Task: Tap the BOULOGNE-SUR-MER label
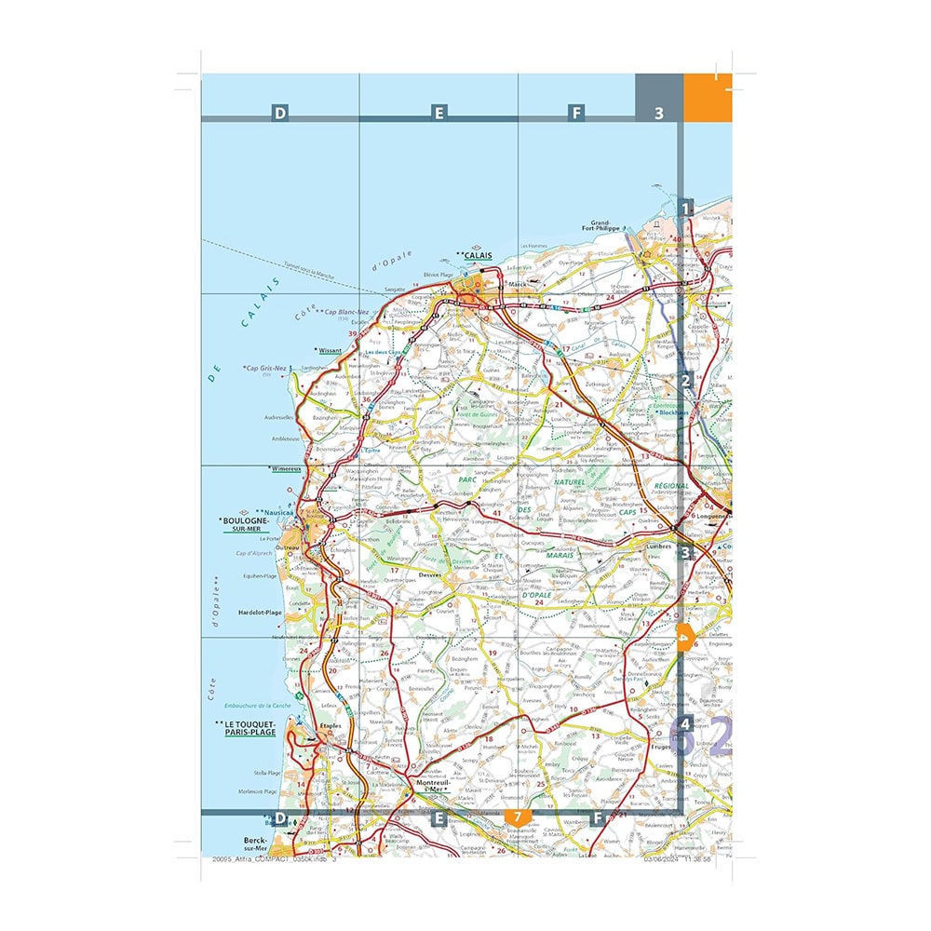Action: (x=245, y=524)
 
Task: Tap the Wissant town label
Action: (x=331, y=351)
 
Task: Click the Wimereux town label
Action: (x=286, y=468)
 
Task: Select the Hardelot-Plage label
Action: (x=260, y=613)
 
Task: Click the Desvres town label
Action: (x=429, y=574)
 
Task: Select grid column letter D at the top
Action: (x=279, y=114)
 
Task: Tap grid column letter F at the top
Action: (x=577, y=114)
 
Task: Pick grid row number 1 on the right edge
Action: (x=686, y=209)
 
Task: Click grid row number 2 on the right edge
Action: (x=686, y=380)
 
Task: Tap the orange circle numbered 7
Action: (x=517, y=817)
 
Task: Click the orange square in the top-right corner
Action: (x=708, y=96)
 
